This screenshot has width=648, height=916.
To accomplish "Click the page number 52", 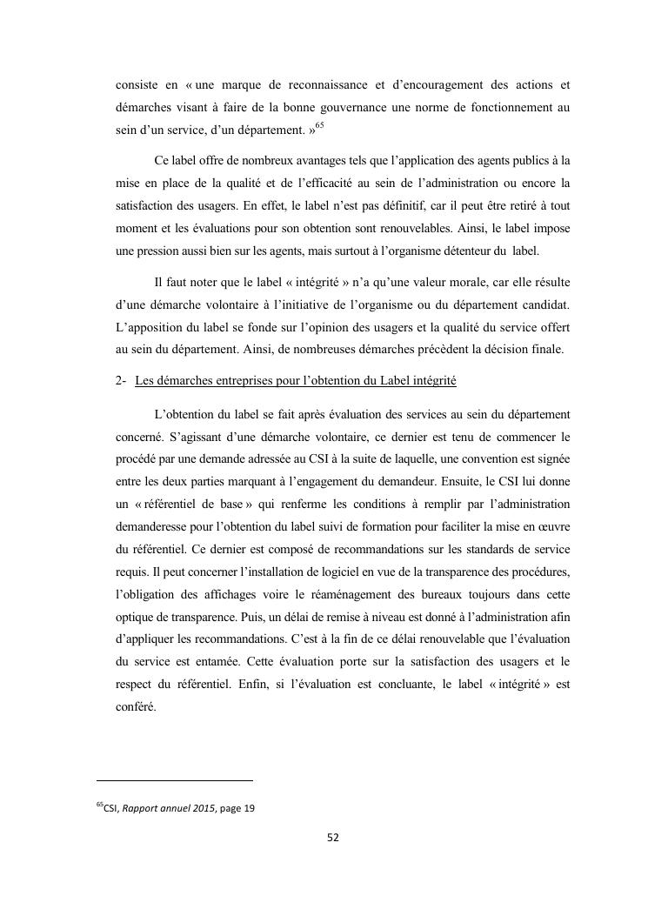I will tap(332, 838).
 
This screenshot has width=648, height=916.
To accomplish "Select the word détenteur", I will tap(471, 251).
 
